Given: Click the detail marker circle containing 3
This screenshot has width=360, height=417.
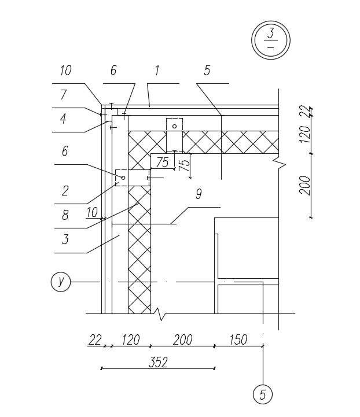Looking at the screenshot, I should click(x=270, y=39).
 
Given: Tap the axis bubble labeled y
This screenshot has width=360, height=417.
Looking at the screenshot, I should click(x=60, y=282).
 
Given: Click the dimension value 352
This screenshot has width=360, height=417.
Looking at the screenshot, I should click(x=158, y=362).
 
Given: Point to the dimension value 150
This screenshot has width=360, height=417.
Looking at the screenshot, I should click(x=238, y=340).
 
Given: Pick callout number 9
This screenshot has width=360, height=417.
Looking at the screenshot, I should click(x=199, y=194).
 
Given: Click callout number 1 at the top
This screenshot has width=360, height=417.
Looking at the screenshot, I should click(x=156, y=71).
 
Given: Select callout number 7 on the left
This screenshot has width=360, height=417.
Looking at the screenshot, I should click(x=64, y=94).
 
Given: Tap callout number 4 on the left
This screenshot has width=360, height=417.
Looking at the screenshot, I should click(x=64, y=119).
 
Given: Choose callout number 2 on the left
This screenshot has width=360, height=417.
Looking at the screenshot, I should click(x=65, y=190).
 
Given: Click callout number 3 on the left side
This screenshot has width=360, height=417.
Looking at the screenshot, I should click(x=65, y=239).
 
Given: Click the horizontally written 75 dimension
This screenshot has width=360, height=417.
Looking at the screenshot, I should click(x=163, y=163).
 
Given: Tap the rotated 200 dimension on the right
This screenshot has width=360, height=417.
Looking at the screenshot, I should click(x=306, y=185).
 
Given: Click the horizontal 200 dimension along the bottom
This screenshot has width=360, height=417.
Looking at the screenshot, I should click(x=182, y=340).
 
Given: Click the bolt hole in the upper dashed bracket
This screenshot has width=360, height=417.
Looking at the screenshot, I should click(x=174, y=126).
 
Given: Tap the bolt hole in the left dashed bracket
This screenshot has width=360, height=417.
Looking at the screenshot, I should click(x=123, y=178).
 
